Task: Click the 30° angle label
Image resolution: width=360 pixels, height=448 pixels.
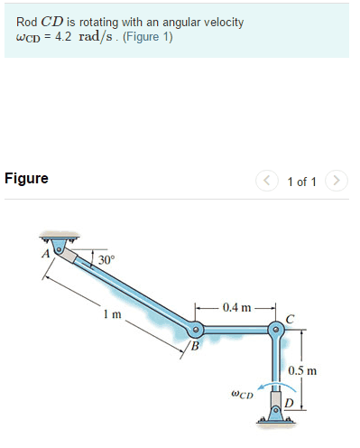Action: [106, 259]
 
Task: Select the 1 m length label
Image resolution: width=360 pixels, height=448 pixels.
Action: [111, 313]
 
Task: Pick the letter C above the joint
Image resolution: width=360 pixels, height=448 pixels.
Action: [289, 317]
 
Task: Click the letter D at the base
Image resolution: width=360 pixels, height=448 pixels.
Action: [289, 402]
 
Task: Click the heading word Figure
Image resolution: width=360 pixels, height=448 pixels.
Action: [26, 178]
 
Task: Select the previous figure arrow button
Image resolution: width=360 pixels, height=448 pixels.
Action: [269, 181]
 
